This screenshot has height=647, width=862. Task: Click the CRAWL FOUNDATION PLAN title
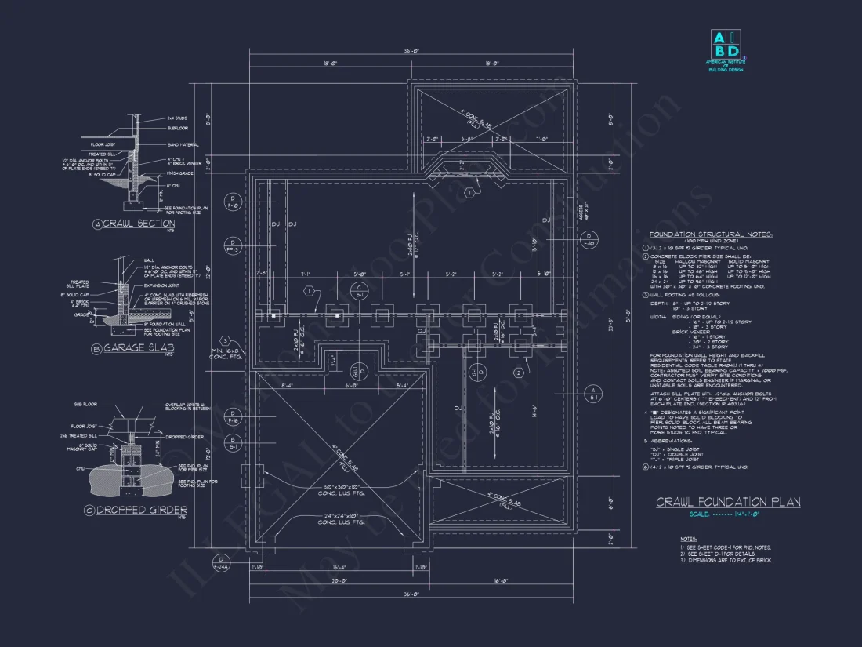click(728, 502)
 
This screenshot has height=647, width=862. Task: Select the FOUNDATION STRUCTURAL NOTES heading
click(711, 234)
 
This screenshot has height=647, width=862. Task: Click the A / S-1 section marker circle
click(593, 394)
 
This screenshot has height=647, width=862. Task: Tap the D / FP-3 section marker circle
click(232, 245)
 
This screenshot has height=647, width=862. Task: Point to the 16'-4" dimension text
click(339, 567)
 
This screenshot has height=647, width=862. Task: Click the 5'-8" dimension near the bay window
click(468, 139)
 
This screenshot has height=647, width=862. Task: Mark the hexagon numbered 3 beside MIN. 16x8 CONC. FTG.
click(224, 340)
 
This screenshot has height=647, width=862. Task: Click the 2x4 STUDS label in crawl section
click(177, 117)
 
